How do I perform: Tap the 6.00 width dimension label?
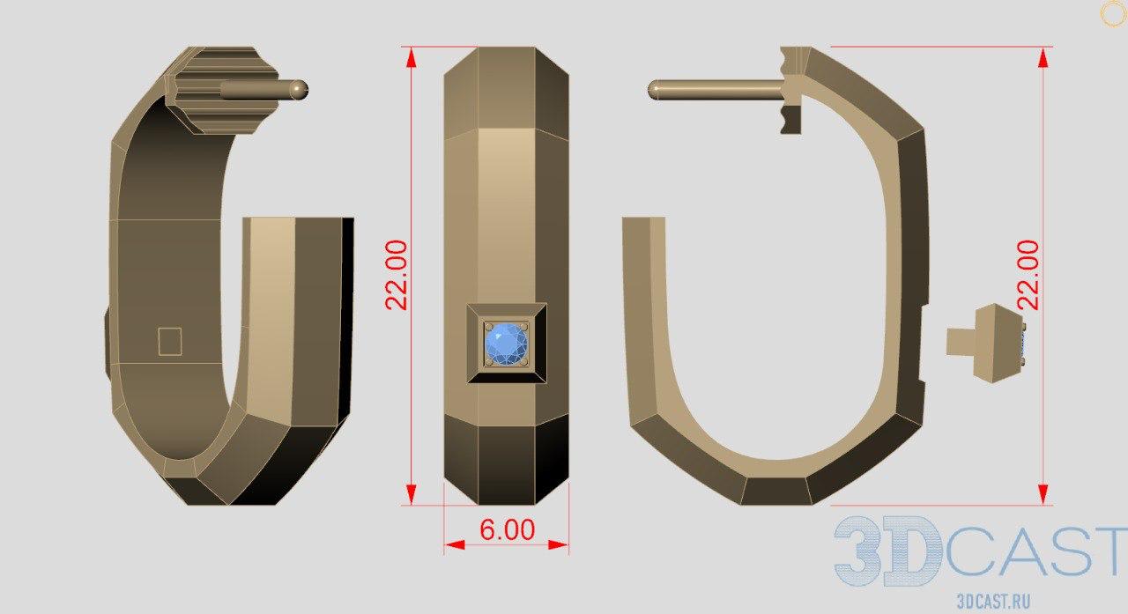click(507, 530)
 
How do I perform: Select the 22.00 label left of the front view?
click(397, 275)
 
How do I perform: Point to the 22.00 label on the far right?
click(1028, 275)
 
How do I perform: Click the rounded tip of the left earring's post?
click(301, 90)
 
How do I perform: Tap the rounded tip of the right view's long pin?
click(654, 90)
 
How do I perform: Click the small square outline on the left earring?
click(170, 341)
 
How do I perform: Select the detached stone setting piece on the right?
click(985, 344)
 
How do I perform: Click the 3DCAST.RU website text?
click(993, 602)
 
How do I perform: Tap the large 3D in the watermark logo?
click(887, 551)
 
